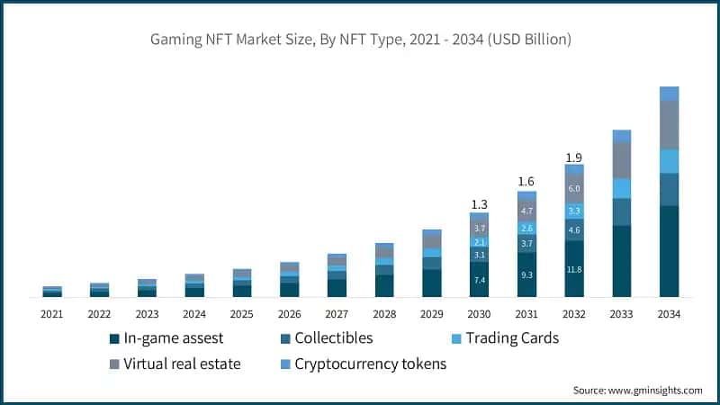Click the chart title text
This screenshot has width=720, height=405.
[360, 40]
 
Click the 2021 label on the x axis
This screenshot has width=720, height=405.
[51, 314]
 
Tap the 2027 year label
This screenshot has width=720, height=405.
[337, 314]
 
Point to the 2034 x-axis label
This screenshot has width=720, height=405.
[669, 314]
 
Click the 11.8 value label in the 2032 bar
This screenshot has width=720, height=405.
[574, 269]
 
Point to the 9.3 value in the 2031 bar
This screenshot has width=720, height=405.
[526, 274]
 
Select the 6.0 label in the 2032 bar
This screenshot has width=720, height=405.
[574, 189]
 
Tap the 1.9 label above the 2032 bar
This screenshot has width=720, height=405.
[574, 157]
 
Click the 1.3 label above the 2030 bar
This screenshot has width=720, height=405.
[479, 203]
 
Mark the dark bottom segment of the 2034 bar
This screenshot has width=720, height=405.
[669, 252]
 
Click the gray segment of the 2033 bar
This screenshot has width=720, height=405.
[621, 160]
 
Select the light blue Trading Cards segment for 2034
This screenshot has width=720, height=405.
[669, 161]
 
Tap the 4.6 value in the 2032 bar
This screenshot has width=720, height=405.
[574, 230]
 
